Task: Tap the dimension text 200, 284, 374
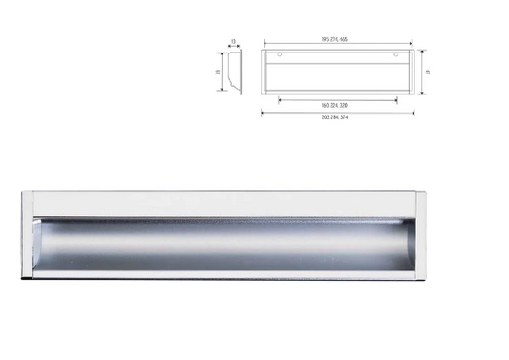point(335,116)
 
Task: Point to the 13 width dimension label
point(234,41)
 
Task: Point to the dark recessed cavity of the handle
point(224,250)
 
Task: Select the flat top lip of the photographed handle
point(224,202)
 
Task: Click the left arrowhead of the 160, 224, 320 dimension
point(280,98)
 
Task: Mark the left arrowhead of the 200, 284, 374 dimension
point(263,111)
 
